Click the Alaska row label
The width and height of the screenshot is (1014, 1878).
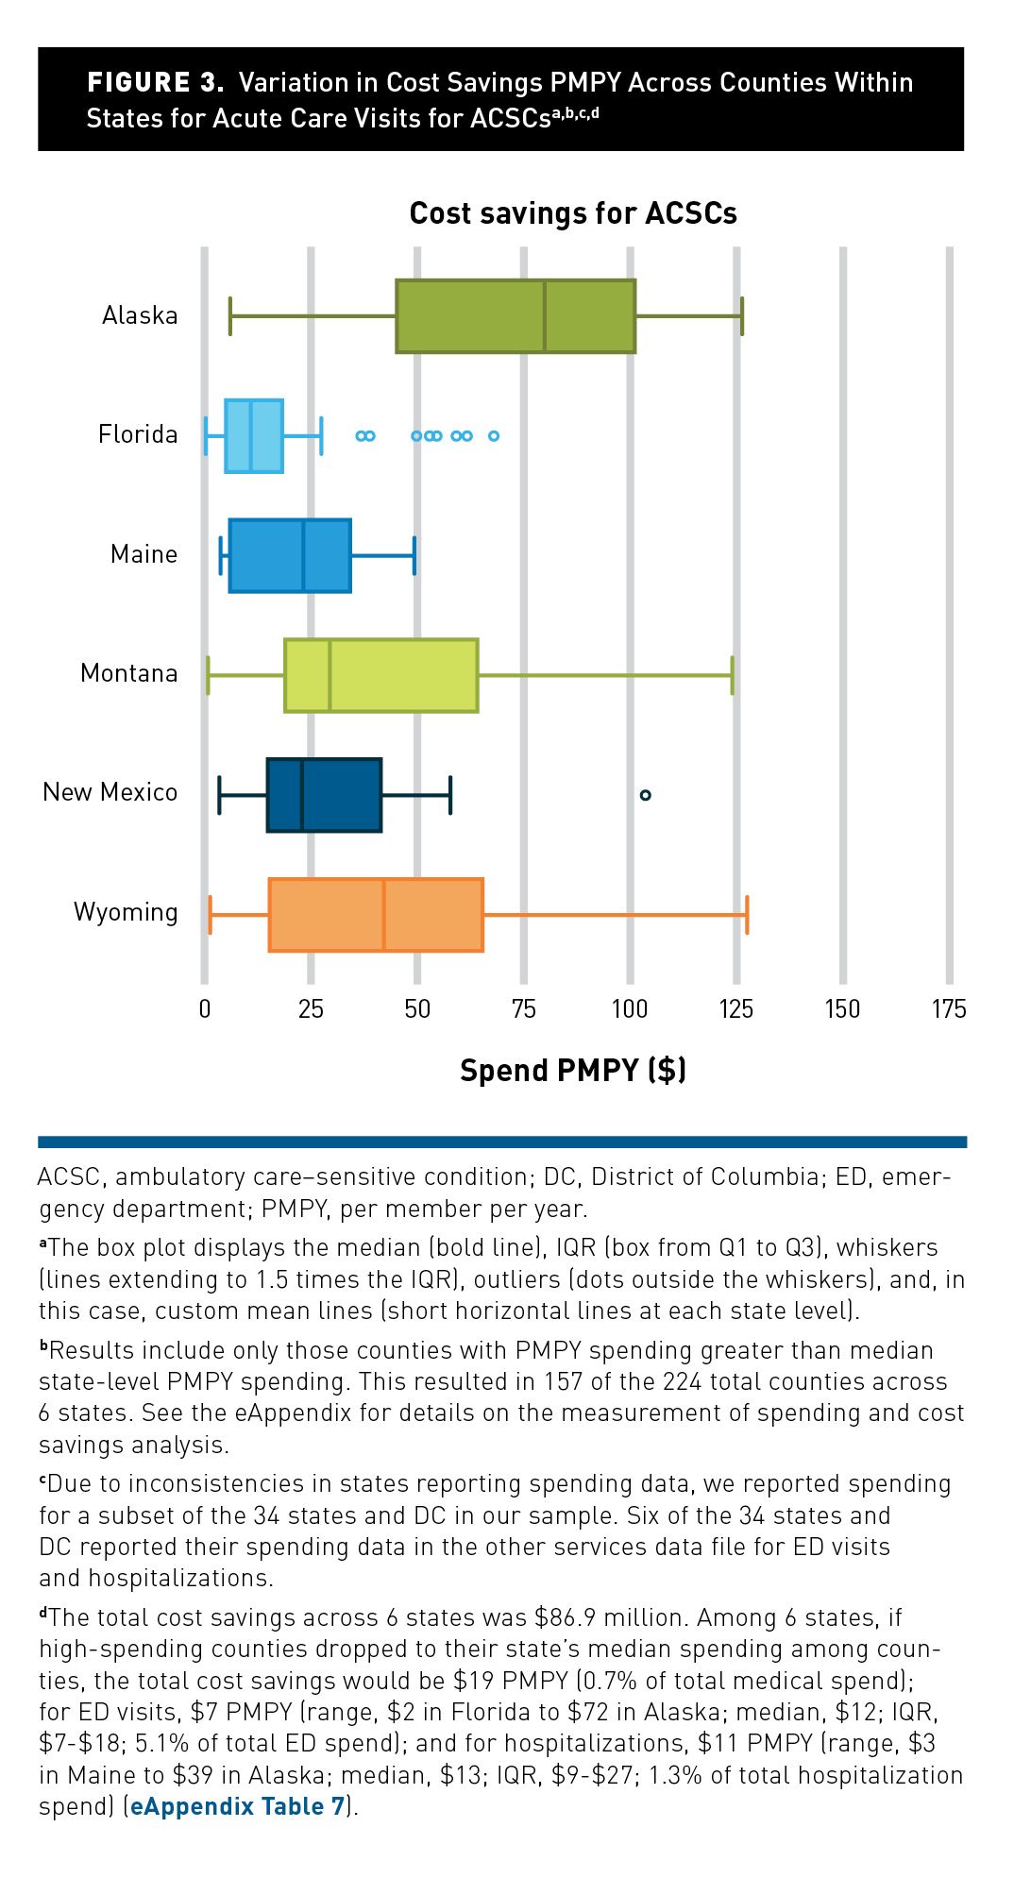pos(140,315)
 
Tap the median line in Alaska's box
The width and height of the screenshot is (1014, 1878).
pos(545,316)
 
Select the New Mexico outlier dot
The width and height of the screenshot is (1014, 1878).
pos(646,795)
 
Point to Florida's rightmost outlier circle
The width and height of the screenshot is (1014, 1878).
pos(493,436)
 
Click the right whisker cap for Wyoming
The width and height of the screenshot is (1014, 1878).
pos(747,915)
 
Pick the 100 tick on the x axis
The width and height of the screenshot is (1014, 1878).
pos(630,1009)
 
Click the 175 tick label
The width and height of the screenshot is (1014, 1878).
pos(949,1009)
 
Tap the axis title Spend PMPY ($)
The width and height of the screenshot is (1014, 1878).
pos(573,1070)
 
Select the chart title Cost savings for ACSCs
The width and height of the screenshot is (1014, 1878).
pos(573,213)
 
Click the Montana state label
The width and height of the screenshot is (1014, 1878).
pos(129,673)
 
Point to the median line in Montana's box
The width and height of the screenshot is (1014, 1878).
pos(330,675)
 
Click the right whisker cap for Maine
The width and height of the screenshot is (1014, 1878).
pos(414,555)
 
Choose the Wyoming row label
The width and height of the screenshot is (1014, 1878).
pos(126,912)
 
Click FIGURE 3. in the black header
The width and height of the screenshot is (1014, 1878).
pos(156,83)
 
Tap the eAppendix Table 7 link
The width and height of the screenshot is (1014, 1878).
pos(238,1806)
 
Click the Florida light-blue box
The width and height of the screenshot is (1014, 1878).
pos(254,436)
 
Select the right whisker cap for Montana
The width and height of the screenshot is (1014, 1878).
pos(732,675)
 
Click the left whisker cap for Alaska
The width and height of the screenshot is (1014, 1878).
pos(230,316)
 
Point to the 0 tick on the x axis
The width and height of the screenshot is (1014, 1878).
pos(205,1009)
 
